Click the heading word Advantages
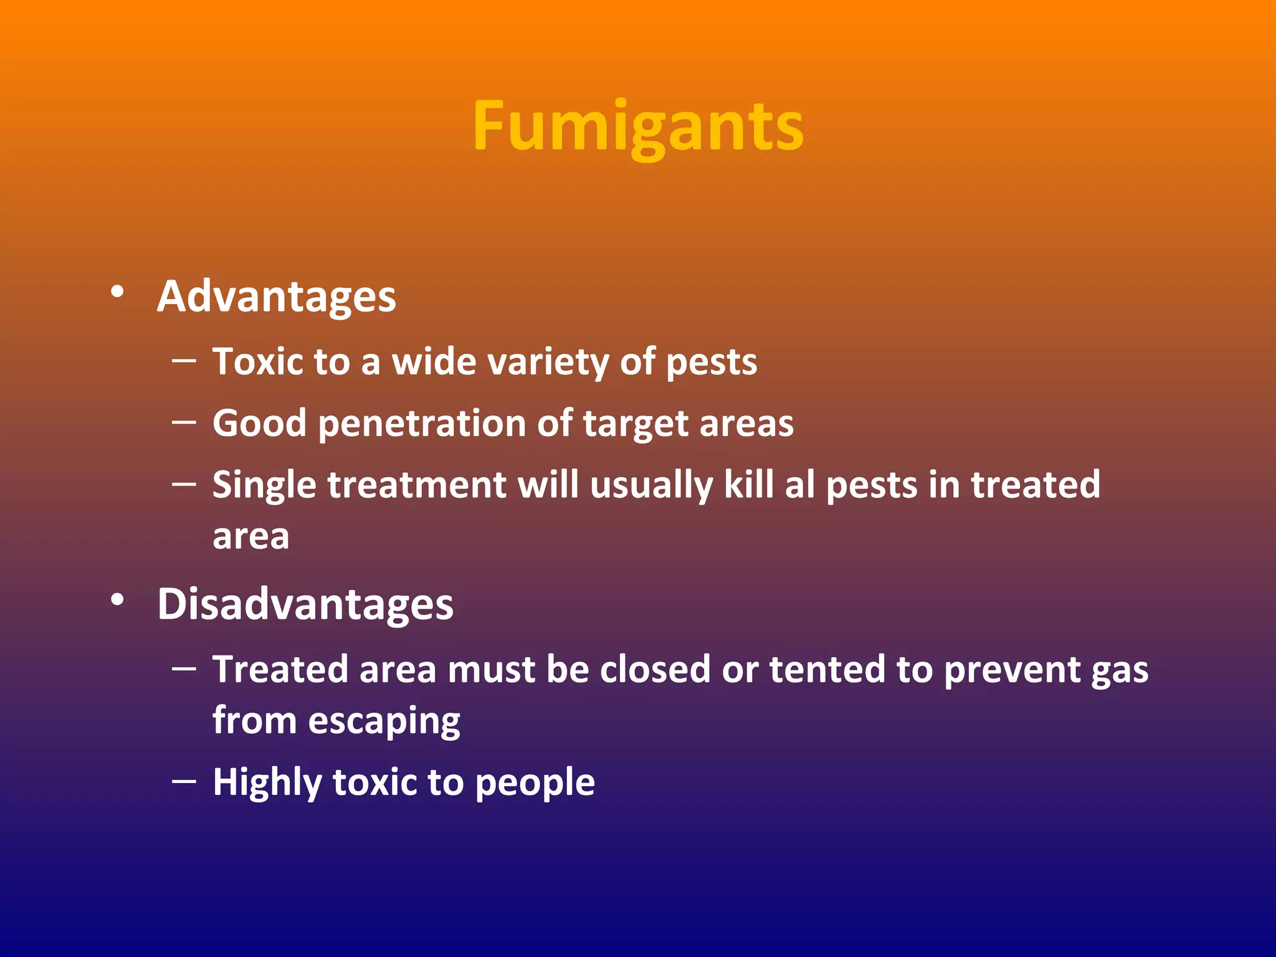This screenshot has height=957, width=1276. [x=276, y=297]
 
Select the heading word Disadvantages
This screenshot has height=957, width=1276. [x=305, y=604]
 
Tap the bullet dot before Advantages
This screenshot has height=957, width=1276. [x=117, y=291]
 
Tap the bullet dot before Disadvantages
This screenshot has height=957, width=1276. [x=117, y=599]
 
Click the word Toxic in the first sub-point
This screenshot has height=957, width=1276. [x=259, y=361]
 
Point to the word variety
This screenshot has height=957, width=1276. [x=548, y=363]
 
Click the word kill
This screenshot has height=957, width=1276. [x=748, y=485]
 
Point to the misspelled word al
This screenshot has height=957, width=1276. [x=799, y=485]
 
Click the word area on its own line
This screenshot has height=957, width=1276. [x=250, y=537]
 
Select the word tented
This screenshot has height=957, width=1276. [x=827, y=670]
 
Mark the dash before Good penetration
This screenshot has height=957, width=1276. [x=184, y=422]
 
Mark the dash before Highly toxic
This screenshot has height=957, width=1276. [x=184, y=780]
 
